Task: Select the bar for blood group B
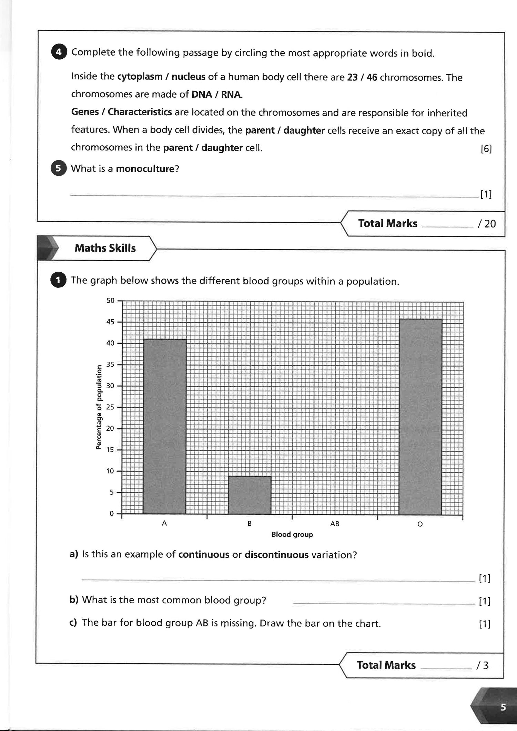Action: (250, 495)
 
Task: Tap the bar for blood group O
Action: (420, 417)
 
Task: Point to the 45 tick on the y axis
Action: (110, 322)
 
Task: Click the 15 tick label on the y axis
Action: (110, 450)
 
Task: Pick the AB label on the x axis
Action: (335, 524)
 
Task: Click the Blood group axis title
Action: (292, 535)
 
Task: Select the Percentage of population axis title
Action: (99, 407)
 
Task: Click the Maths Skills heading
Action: (105, 248)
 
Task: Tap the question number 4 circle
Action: (59, 52)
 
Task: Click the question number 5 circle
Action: (59, 169)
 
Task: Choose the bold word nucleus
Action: (188, 77)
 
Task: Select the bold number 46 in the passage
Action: (372, 77)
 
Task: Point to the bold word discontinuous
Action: (276, 555)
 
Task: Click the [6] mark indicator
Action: (486, 149)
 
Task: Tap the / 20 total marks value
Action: (487, 224)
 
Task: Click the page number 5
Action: (503, 708)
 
